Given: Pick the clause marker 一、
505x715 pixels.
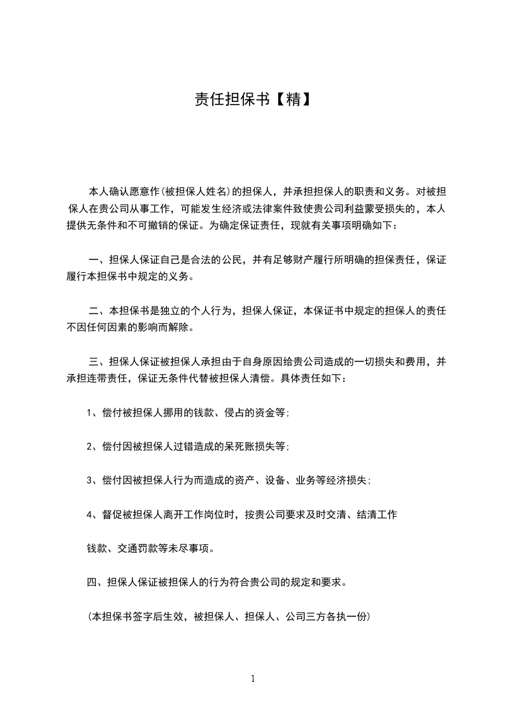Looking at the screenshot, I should tap(97, 259).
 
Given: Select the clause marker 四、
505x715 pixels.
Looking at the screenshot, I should tap(96, 582).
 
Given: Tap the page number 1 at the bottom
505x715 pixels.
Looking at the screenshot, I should tap(253, 679).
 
